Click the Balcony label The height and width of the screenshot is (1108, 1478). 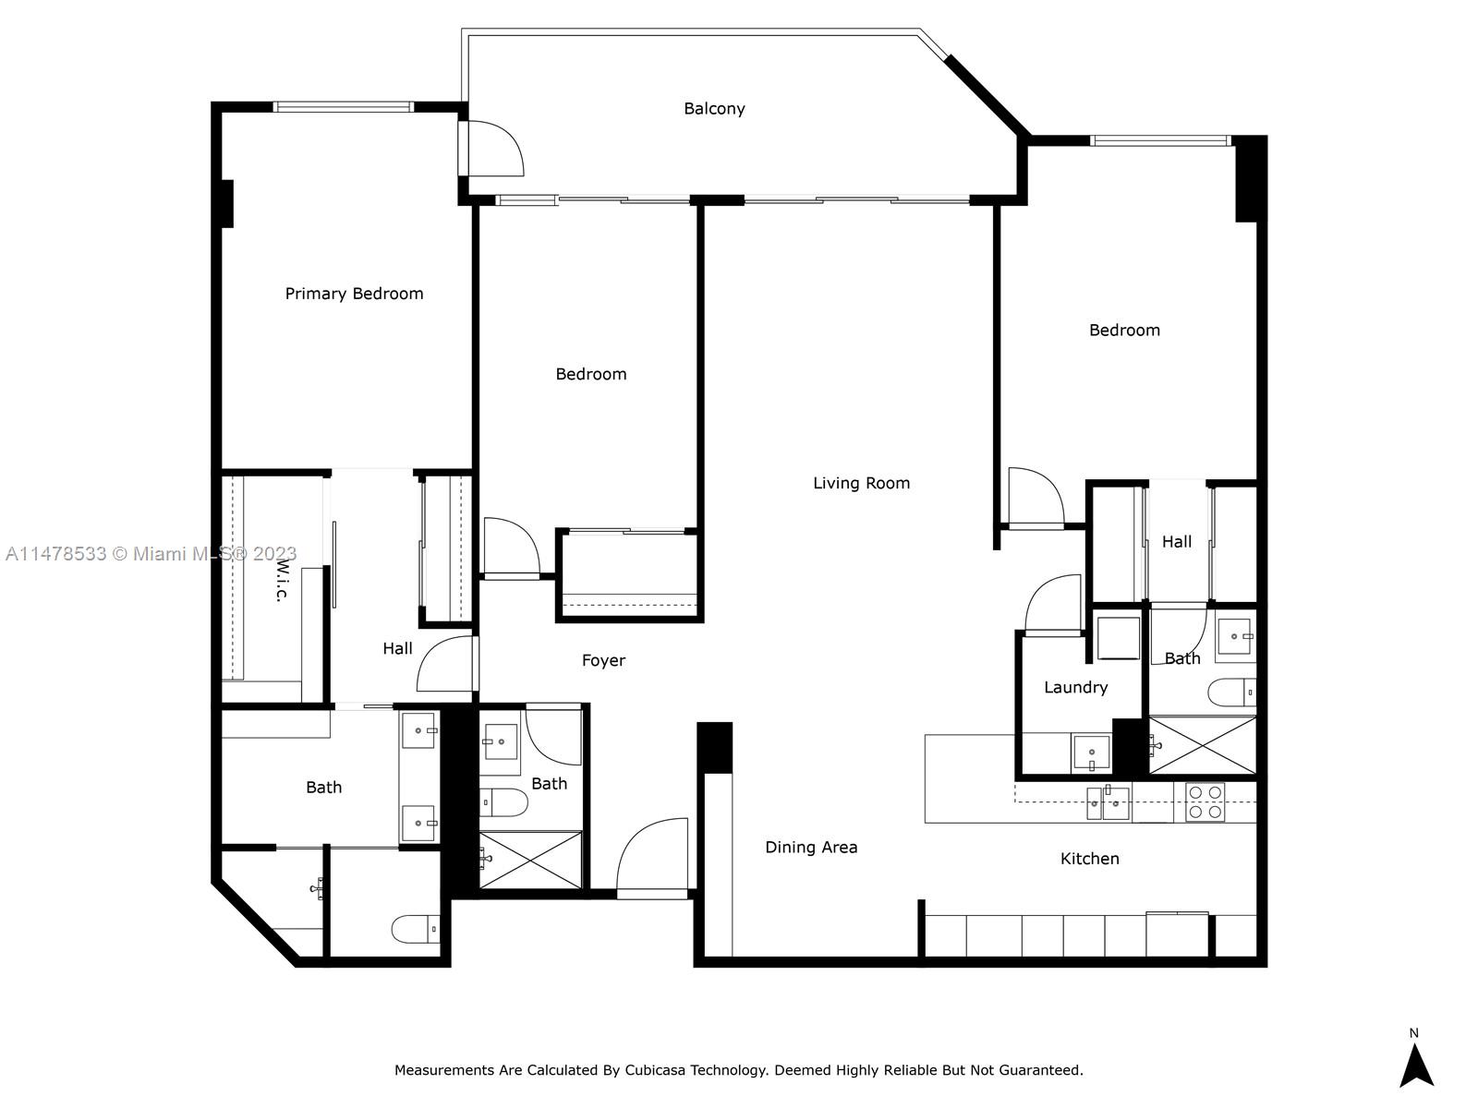click(x=714, y=109)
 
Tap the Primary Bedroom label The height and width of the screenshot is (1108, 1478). click(x=354, y=294)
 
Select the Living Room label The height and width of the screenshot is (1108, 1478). click(x=861, y=483)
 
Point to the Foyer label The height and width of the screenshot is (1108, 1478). click(x=603, y=660)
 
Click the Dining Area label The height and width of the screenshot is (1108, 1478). click(x=811, y=847)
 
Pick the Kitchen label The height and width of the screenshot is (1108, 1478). click(x=1089, y=859)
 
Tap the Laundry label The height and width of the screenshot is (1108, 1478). click(x=1075, y=687)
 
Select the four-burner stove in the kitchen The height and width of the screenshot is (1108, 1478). click(x=1205, y=802)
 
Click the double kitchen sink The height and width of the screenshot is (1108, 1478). click(x=1108, y=803)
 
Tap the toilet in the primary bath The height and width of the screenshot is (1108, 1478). click(x=417, y=929)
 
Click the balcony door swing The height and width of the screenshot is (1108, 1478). click(x=495, y=148)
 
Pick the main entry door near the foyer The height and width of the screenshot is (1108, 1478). click(x=652, y=857)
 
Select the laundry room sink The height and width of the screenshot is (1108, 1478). click(x=1092, y=753)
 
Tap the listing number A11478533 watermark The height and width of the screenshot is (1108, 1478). click(x=55, y=554)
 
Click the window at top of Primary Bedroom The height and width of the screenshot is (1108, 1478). click(x=344, y=107)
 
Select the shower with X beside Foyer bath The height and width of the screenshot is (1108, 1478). click(x=530, y=860)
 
